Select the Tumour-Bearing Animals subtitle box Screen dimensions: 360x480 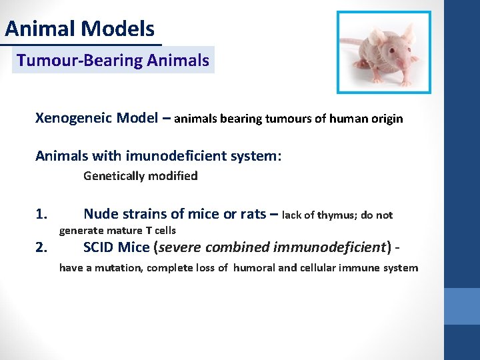(x=113, y=61)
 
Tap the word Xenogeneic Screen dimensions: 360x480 (x=73, y=119)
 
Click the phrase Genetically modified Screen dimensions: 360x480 (x=140, y=176)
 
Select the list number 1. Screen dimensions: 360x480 (x=41, y=215)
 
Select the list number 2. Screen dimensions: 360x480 (x=41, y=248)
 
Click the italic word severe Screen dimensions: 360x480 (x=181, y=247)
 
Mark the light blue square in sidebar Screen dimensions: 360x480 (x=461, y=306)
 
